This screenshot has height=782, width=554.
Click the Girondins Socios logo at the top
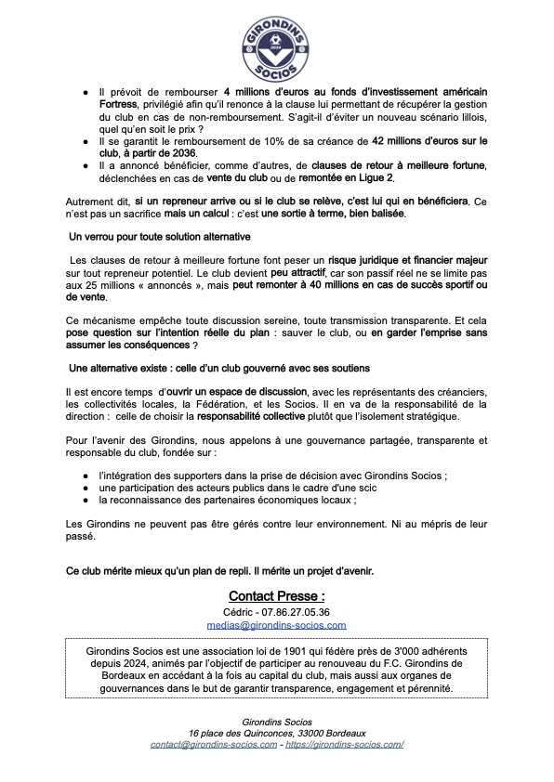(x=276, y=44)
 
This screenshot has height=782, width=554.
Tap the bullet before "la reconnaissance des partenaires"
(x=86, y=501)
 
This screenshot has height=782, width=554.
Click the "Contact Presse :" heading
(x=276, y=594)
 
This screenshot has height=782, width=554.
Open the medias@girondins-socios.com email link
(x=276, y=626)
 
